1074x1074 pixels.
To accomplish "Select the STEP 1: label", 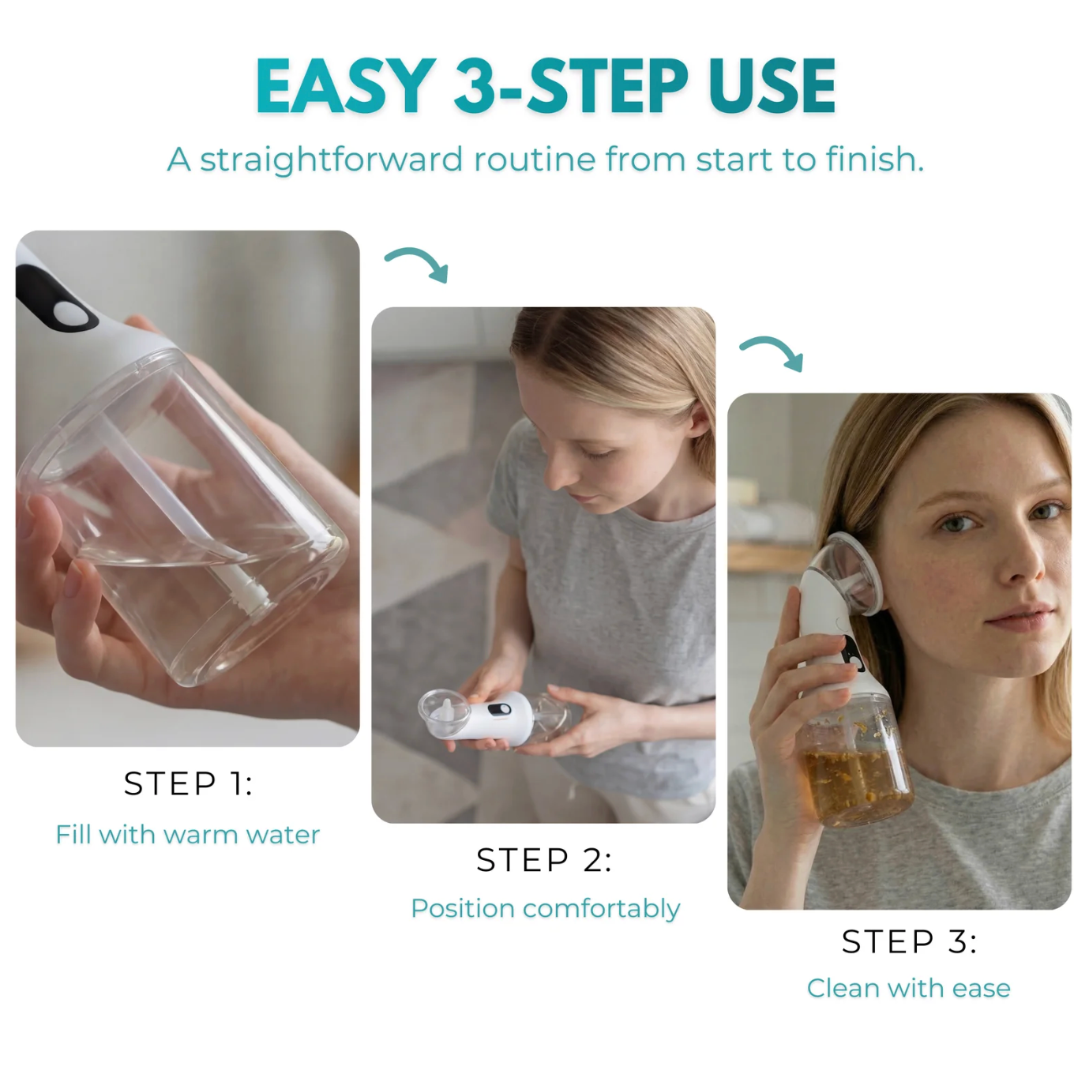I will [x=188, y=784].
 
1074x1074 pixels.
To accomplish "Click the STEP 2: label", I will [x=543, y=861].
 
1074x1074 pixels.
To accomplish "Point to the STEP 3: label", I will [x=909, y=942].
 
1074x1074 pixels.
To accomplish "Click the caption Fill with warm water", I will [x=188, y=835].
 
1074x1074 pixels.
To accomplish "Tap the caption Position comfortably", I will [x=545, y=908].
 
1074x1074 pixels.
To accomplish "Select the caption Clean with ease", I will [x=908, y=988].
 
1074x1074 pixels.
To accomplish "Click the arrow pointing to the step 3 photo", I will [x=772, y=352].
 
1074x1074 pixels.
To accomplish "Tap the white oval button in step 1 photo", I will [x=73, y=314].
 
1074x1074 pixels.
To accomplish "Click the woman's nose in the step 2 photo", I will [x=558, y=475].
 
